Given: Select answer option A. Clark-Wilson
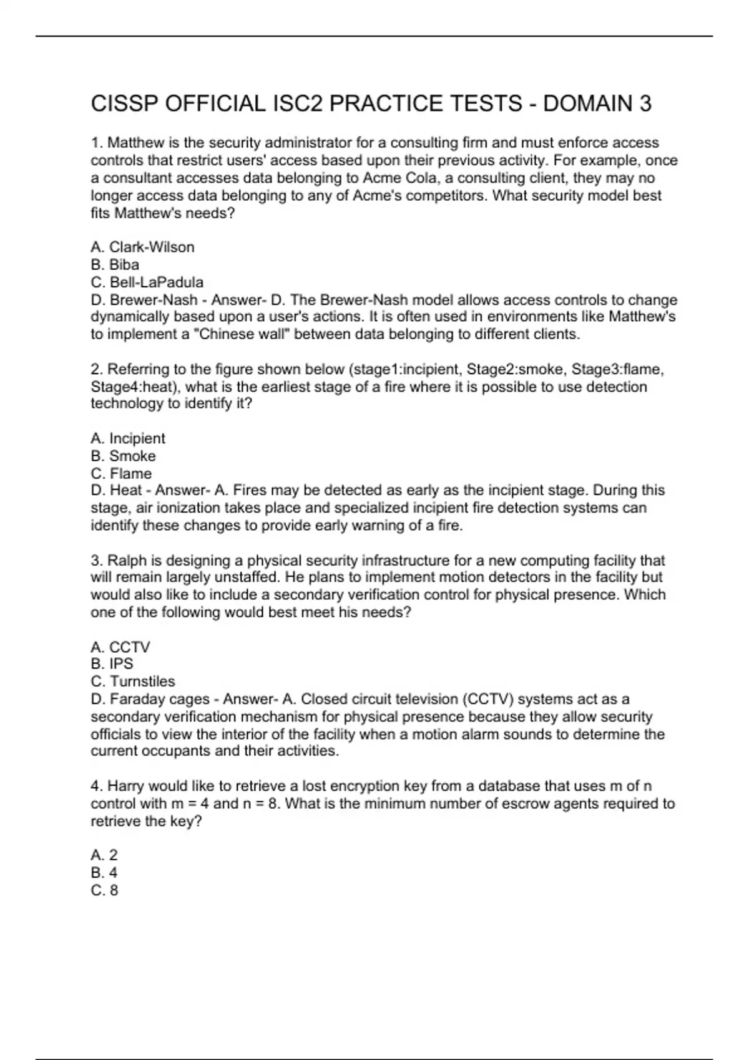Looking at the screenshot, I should click(x=142, y=248).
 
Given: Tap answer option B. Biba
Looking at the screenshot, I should click(x=115, y=265).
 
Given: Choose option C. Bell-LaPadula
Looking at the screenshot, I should click(x=147, y=282).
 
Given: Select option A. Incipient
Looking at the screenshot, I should click(x=128, y=439).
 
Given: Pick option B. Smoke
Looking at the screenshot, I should click(x=123, y=456).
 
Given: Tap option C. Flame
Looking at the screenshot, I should click(x=121, y=474).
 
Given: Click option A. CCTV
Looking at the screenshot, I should click(x=120, y=647).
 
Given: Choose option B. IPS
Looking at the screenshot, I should click(x=112, y=664).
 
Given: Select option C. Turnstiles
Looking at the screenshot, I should click(x=133, y=682).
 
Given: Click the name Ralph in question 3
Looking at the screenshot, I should click(x=127, y=561).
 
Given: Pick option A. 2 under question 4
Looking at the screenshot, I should click(x=104, y=855).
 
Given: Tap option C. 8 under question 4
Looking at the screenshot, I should click(x=104, y=890).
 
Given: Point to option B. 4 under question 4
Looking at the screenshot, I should click(x=104, y=873).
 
